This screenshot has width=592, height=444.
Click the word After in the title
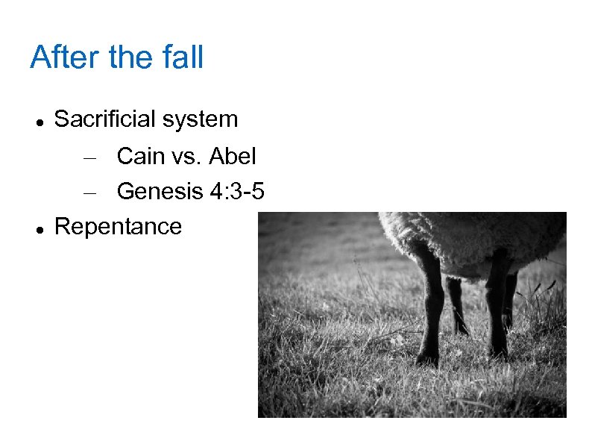65,57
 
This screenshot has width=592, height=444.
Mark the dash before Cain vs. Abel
90,157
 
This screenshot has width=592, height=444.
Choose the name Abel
233,156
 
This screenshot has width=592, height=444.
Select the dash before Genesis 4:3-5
90,192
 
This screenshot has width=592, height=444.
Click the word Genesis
159,191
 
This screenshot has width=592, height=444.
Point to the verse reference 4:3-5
236,191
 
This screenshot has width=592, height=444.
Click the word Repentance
119,226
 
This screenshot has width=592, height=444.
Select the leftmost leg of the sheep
429,306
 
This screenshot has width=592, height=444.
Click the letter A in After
40,57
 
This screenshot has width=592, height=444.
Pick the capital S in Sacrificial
62,119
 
